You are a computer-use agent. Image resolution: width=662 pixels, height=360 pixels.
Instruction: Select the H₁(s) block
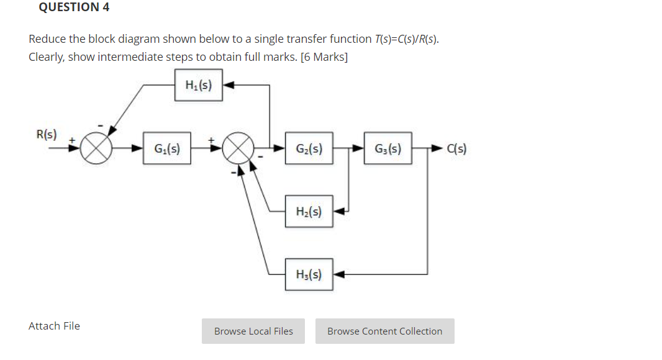(x=199, y=86)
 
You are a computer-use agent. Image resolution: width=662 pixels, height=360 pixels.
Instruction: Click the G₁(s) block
(x=166, y=149)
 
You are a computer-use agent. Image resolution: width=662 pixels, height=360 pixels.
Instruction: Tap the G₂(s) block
(x=309, y=149)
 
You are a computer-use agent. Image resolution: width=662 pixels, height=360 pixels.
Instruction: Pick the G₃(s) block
(x=388, y=149)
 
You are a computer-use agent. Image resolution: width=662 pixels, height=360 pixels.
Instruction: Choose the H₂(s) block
(x=309, y=212)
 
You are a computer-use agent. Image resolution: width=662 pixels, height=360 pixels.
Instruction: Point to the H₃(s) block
(x=309, y=274)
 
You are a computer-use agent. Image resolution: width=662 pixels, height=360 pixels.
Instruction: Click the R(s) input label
(x=47, y=134)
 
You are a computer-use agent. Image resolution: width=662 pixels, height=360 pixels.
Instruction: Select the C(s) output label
(x=456, y=149)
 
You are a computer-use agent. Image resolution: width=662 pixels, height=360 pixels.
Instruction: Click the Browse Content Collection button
(x=384, y=331)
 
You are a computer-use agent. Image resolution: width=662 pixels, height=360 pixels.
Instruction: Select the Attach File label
(x=54, y=326)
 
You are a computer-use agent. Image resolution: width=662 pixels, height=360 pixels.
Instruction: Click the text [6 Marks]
(x=324, y=57)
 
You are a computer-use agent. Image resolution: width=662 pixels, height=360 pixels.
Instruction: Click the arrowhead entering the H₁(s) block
(x=228, y=86)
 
